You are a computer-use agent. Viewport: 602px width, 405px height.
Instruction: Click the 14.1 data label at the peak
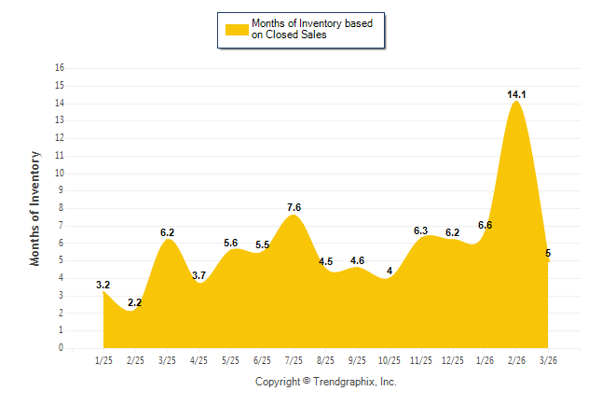point(516,94)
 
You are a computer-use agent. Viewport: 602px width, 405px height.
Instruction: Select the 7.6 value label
point(294,207)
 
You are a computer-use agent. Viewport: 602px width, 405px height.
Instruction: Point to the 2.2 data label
point(135,302)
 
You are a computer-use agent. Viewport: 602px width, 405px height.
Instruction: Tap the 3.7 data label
point(198,275)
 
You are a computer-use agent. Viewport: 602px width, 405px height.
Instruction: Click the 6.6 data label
point(485,225)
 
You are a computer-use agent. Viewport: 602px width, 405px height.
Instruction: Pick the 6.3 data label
point(420,230)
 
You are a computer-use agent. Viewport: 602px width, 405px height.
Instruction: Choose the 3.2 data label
point(103,285)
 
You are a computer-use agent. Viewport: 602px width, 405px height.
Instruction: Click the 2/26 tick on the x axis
point(516,360)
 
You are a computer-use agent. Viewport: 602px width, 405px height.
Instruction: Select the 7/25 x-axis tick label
point(294,360)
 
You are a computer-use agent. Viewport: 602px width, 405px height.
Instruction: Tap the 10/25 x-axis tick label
point(389,360)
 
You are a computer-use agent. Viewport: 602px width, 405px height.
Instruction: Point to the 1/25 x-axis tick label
point(103,360)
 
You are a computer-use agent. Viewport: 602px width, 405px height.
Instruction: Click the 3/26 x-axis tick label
point(548,360)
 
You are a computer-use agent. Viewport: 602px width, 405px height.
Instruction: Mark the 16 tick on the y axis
point(60,68)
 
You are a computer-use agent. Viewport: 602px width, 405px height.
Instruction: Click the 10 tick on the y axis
point(60,173)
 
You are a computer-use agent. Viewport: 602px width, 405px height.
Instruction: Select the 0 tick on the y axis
point(62,348)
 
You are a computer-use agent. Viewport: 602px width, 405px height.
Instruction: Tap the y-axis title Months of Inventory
point(35,207)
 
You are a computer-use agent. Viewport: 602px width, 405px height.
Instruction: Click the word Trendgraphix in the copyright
point(344,382)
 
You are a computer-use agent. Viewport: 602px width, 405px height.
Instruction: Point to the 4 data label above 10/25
point(390,272)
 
